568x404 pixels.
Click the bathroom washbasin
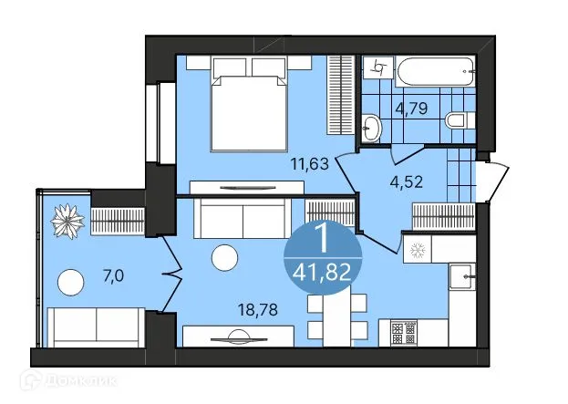[x=372, y=127]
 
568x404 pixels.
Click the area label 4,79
[x=413, y=111]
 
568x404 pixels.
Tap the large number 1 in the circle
[x=322, y=239]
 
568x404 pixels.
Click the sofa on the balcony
[x=95, y=326]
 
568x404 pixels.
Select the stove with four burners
[x=403, y=332]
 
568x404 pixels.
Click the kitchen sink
[x=460, y=274]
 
